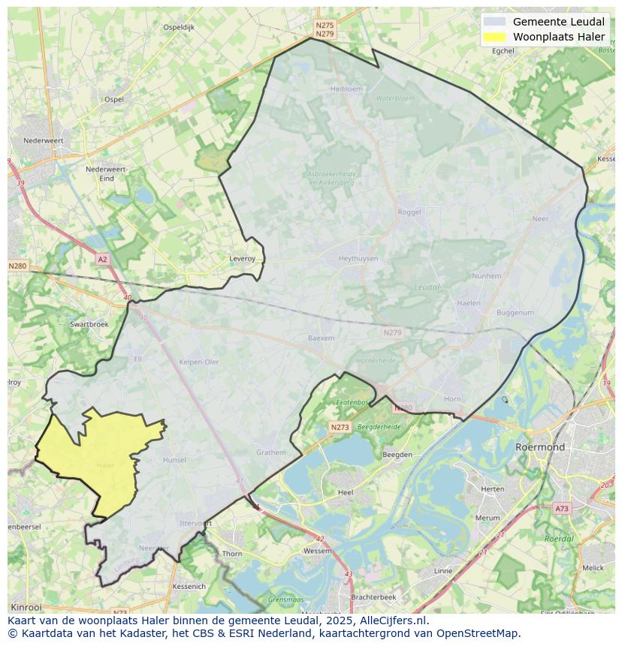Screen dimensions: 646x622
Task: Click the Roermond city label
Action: click(x=539, y=447)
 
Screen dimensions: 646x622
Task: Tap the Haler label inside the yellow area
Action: click(x=105, y=465)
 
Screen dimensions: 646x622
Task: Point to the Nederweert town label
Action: click(x=43, y=140)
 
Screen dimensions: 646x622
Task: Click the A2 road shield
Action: click(x=102, y=259)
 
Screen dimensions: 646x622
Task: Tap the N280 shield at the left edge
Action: click(x=17, y=266)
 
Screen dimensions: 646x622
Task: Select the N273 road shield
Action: click(x=340, y=427)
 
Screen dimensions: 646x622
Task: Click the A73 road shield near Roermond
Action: click(x=561, y=509)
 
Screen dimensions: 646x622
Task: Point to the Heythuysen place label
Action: click(x=358, y=258)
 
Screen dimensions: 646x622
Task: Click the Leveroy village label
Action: click(x=242, y=258)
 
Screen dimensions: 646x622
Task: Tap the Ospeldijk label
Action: click(x=179, y=27)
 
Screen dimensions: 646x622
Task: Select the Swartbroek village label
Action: click(x=89, y=324)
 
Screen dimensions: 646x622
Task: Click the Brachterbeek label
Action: click(x=373, y=596)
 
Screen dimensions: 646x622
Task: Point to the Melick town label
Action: click(x=592, y=568)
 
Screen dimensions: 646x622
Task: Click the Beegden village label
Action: click(x=397, y=455)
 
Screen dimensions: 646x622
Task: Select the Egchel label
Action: click(x=503, y=51)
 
